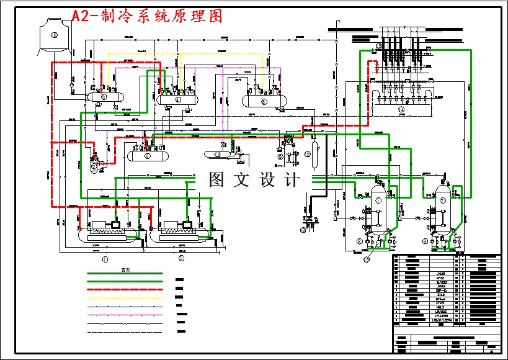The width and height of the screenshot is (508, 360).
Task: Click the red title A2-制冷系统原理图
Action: pos(147,16)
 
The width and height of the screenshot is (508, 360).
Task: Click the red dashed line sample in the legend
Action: pos(125,289)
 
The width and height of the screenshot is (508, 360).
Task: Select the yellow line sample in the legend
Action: pos(125,297)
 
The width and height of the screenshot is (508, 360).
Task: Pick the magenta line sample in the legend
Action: pos(125,315)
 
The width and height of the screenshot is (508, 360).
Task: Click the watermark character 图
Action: pos(216,180)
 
